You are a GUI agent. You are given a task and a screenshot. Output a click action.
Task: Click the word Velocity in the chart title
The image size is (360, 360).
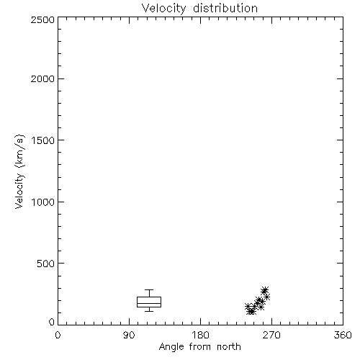coord(164,9)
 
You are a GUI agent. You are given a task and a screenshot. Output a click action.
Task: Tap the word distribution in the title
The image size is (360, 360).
coord(225,8)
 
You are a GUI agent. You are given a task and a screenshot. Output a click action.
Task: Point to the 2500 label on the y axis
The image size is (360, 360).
coord(42,19)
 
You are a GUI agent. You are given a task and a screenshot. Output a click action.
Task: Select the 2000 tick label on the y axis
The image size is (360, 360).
coord(42,78)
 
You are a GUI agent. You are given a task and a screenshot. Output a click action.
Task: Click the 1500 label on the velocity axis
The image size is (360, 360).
coord(43,140)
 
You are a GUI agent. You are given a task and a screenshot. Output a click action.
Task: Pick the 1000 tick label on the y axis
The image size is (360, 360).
coord(43,202)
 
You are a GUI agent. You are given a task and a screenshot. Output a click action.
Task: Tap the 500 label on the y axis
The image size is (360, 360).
coord(46,264)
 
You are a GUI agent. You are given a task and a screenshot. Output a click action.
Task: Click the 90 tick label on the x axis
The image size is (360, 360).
coord(129,335)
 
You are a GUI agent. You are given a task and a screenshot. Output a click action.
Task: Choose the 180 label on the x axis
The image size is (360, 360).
coord(200,335)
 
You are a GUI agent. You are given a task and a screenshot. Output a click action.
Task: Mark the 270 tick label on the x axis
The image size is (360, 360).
coord(271,335)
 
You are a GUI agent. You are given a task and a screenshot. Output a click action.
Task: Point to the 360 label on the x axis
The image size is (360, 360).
coord(343,335)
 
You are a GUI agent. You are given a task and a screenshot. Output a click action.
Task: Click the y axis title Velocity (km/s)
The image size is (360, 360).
coord(19,171)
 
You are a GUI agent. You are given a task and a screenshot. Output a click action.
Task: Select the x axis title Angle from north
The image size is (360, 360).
coord(200,347)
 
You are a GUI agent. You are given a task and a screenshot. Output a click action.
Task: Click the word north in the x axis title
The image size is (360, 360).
coord(229,347)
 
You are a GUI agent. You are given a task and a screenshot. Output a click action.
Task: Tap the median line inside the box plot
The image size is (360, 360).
coord(149,303)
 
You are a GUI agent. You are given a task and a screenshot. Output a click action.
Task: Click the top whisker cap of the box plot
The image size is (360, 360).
coord(149,289)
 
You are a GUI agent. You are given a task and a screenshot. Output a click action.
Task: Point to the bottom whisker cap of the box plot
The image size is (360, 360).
coord(149,311)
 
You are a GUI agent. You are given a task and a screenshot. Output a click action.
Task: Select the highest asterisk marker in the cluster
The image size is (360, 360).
coord(265,290)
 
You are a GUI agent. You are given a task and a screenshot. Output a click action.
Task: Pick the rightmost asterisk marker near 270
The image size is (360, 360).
coord(266,297)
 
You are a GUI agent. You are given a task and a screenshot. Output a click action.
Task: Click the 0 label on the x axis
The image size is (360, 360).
coord(58,335)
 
